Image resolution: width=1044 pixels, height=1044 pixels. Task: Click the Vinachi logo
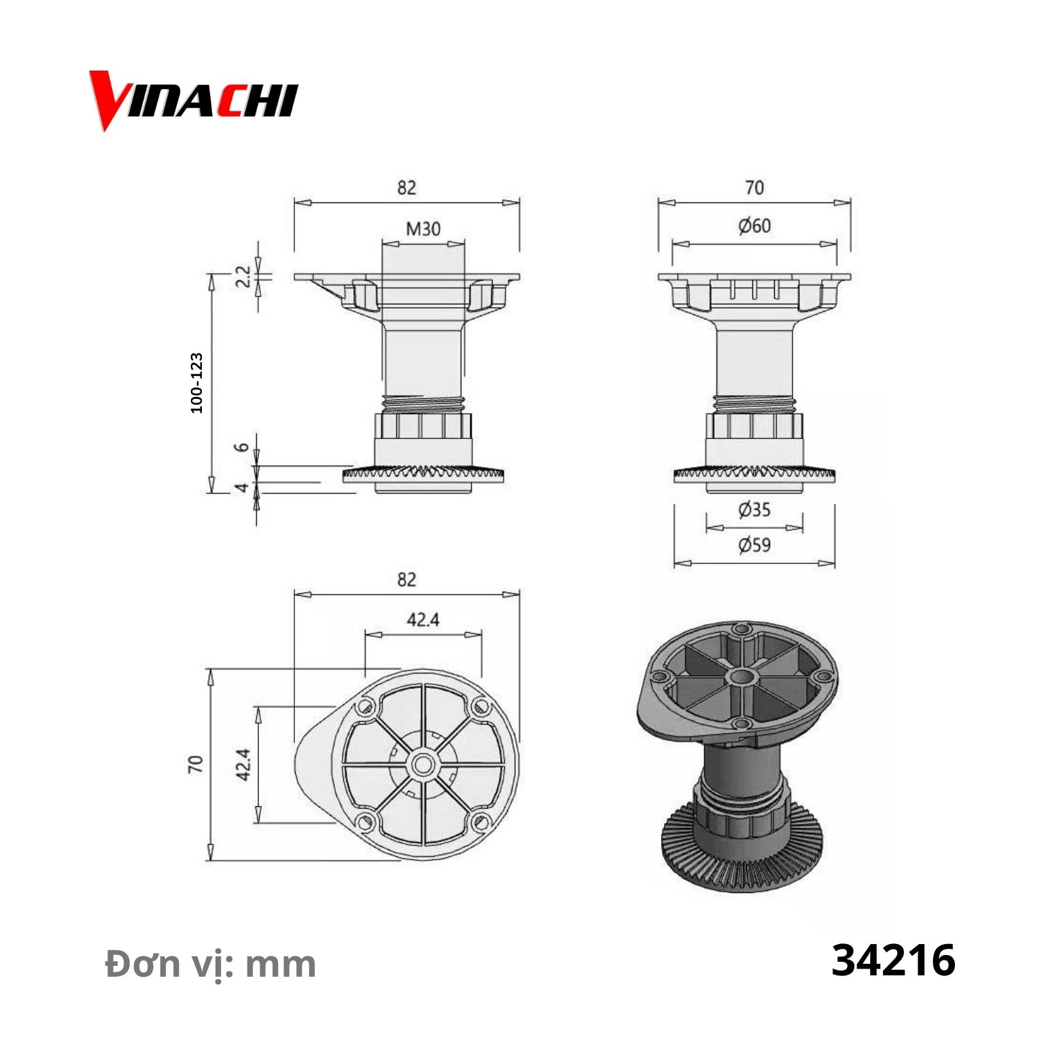[194, 101]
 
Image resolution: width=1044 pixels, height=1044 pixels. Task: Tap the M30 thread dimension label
[423, 228]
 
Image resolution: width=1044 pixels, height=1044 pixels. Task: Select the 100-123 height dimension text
[196, 383]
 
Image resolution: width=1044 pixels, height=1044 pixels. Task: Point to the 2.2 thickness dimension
[243, 277]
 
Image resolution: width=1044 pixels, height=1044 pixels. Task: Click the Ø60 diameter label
[754, 225]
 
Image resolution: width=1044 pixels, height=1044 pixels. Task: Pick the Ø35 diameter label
[754, 509]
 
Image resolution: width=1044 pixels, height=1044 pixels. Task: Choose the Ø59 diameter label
[754, 544]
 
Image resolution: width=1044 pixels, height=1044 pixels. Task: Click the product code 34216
[893, 960]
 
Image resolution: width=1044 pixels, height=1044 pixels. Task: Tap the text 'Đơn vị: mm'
[211, 964]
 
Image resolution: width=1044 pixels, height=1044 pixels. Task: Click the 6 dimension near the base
[242, 447]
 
